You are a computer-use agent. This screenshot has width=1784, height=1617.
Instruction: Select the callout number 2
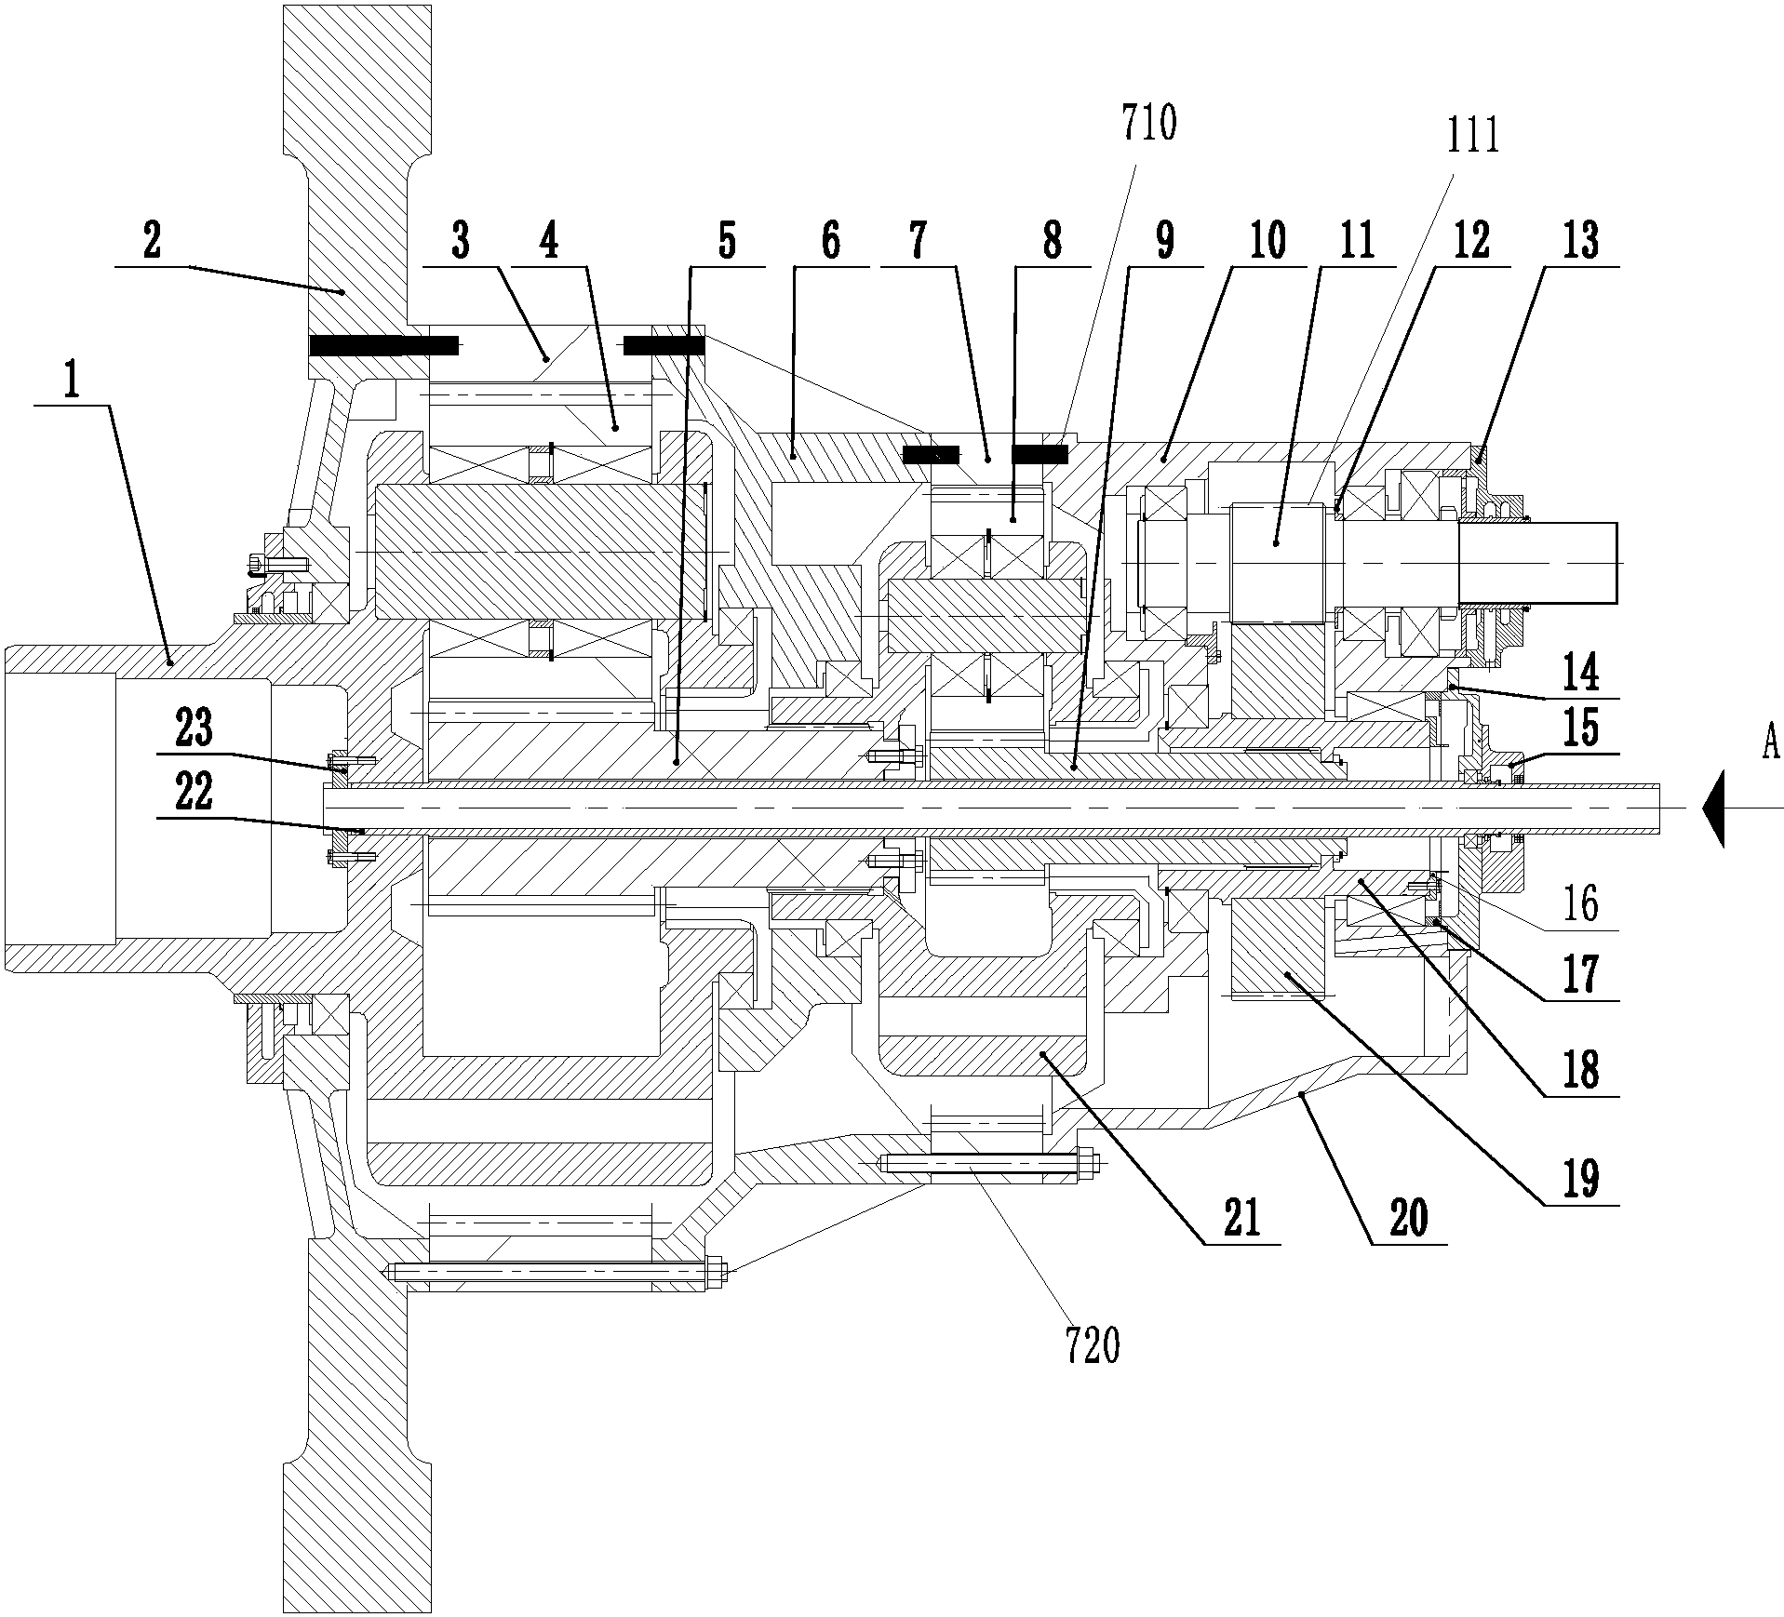(x=152, y=242)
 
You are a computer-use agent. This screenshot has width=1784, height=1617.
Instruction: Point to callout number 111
(x=1473, y=138)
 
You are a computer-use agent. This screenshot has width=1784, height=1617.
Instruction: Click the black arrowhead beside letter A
(x=1713, y=808)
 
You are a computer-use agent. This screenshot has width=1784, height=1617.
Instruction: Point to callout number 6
(x=831, y=242)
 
